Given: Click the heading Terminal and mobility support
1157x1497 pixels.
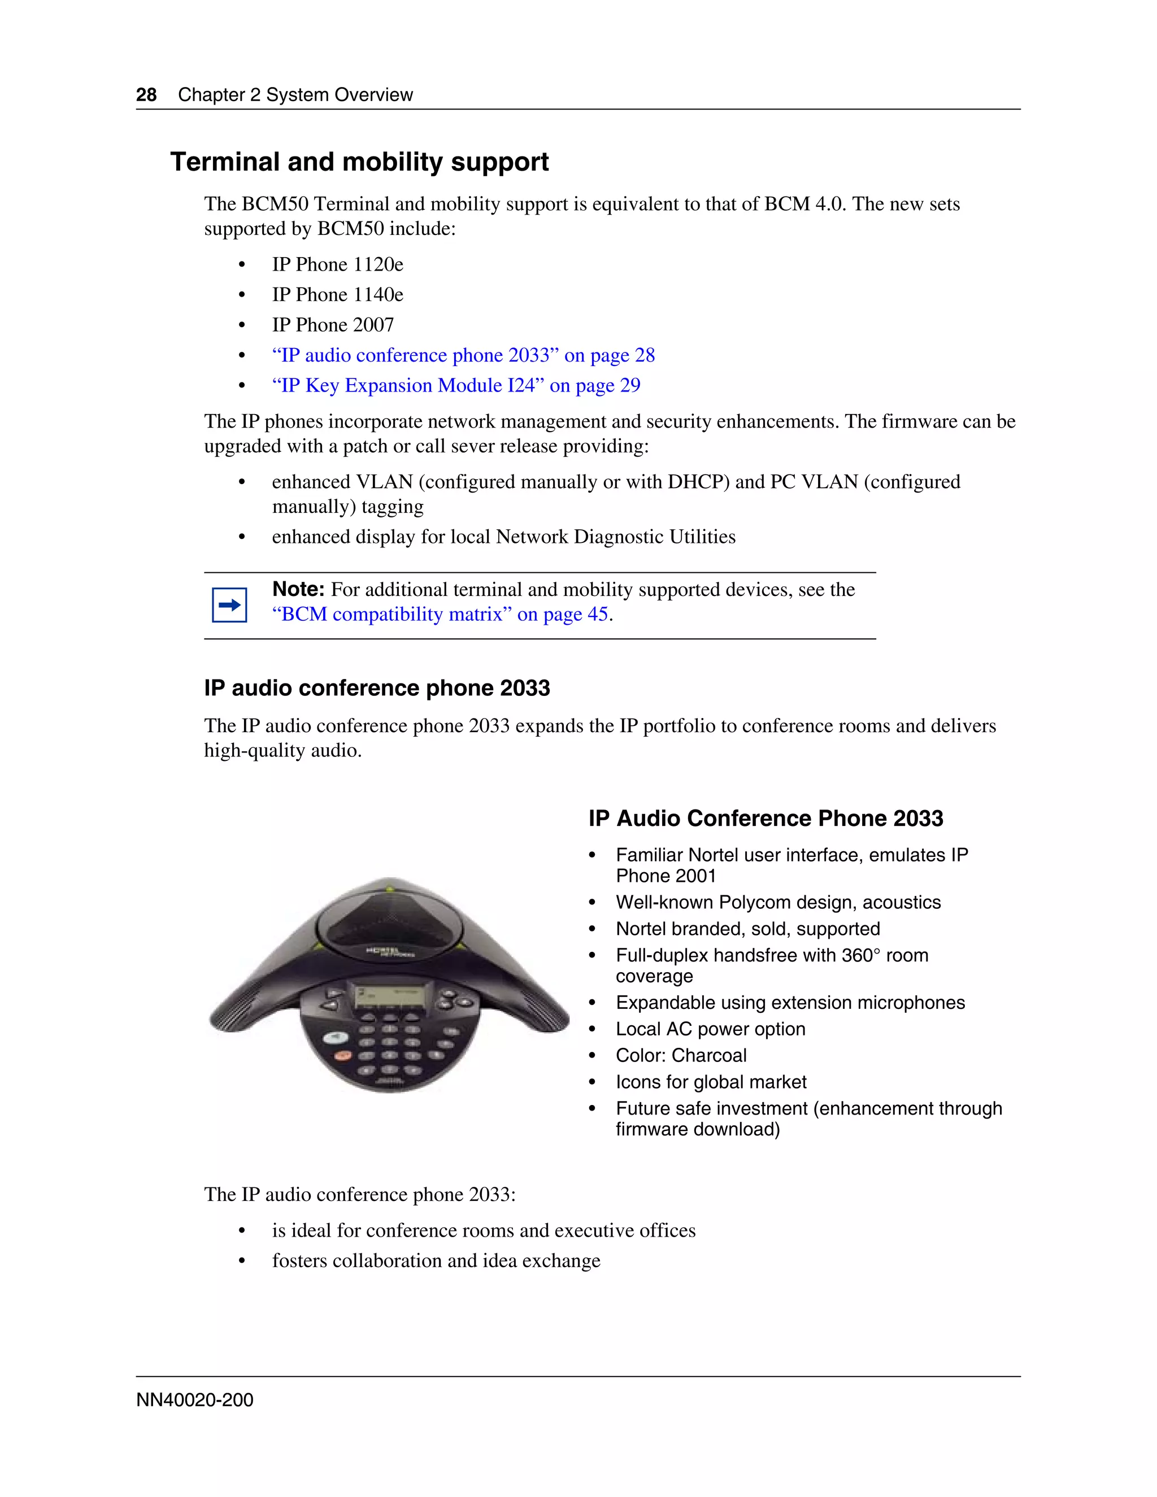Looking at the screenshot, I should (359, 163).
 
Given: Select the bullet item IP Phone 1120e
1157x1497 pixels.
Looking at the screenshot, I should (337, 264).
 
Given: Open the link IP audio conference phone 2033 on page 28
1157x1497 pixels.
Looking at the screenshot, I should (463, 355).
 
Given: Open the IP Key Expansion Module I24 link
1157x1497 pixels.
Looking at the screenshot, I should (456, 385).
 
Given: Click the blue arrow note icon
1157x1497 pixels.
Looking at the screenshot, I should (229, 604).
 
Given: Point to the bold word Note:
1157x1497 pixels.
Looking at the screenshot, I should (298, 589).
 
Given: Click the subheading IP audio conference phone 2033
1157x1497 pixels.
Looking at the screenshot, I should (376, 688).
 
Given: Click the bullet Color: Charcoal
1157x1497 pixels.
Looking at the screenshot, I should (681, 1056).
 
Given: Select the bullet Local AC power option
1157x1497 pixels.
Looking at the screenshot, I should (710, 1029).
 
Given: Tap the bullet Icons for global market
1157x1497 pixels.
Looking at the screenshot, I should (711, 1082).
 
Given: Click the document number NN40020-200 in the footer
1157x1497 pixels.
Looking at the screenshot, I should (195, 1400).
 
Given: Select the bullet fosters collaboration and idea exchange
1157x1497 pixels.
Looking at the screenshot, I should (436, 1260).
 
